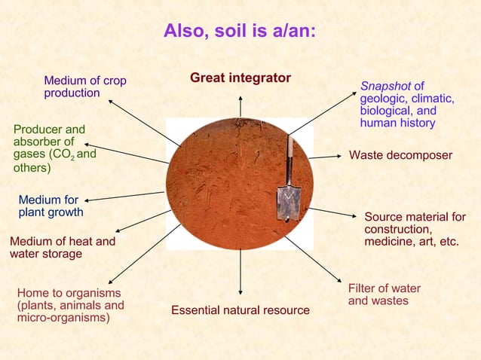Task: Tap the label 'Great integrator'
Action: [x=240, y=78]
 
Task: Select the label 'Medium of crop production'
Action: [x=84, y=87]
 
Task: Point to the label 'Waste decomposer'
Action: [x=400, y=155]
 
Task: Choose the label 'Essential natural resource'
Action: [x=240, y=310]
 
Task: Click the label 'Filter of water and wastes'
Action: [x=384, y=294]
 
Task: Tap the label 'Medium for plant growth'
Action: [x=51, y=206]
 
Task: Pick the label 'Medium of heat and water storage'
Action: [x=62, y=248]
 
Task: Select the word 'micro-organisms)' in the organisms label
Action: [x=63, y=318]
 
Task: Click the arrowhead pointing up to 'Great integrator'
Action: [x=240, y=98]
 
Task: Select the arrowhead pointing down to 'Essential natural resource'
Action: [x=240, y=292]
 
